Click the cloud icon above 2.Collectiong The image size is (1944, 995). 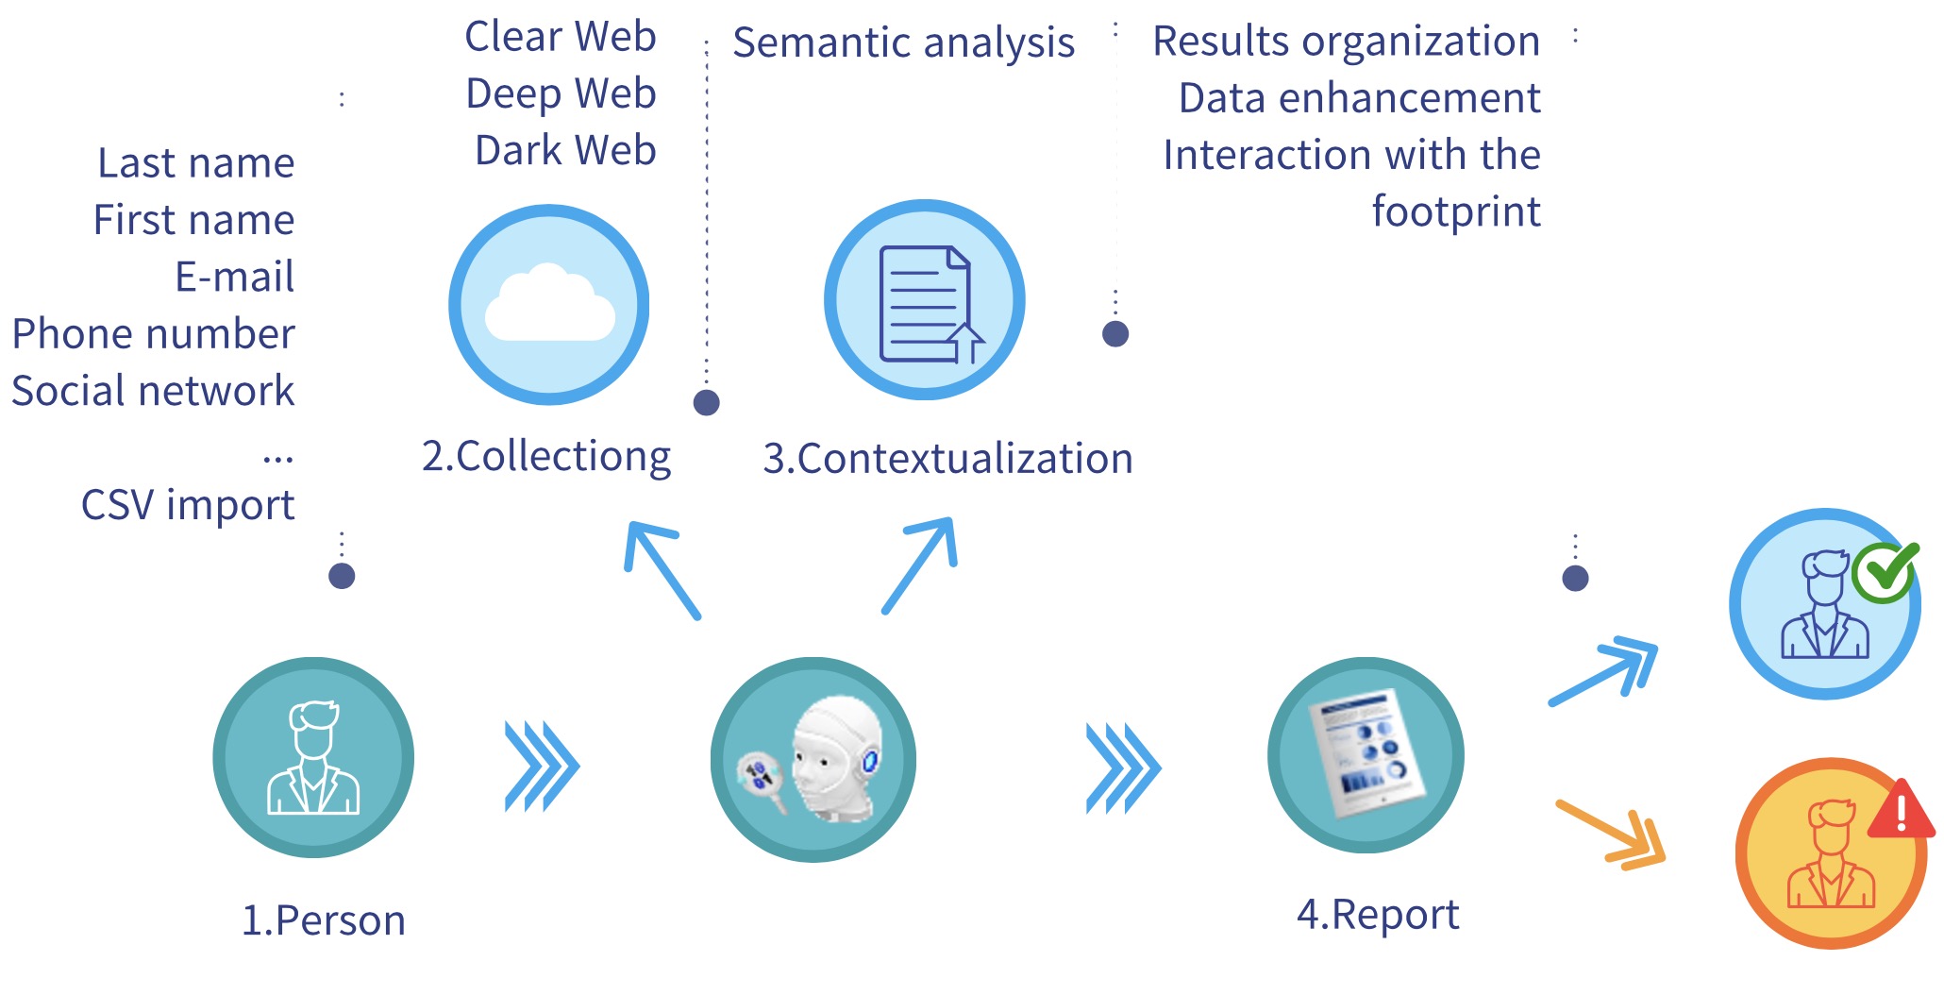(549, 305)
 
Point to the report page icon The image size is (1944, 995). (1366, 754)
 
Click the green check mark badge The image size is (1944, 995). (1885, 571)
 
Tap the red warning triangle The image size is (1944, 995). (1901, 811)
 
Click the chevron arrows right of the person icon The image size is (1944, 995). (542, 766)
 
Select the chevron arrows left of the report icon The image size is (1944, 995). (1123, 767)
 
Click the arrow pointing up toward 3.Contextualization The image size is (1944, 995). (921, 564)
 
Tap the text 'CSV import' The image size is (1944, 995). (188, 505)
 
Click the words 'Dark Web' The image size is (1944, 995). (565, 150)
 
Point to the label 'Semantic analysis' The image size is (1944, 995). (903, 42)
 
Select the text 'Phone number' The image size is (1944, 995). (154, 334)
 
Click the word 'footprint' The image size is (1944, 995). (1456, 211)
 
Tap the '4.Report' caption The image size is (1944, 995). (1378, 914)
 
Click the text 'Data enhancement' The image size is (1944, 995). (1359, 98)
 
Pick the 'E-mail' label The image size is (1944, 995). (235, 278)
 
